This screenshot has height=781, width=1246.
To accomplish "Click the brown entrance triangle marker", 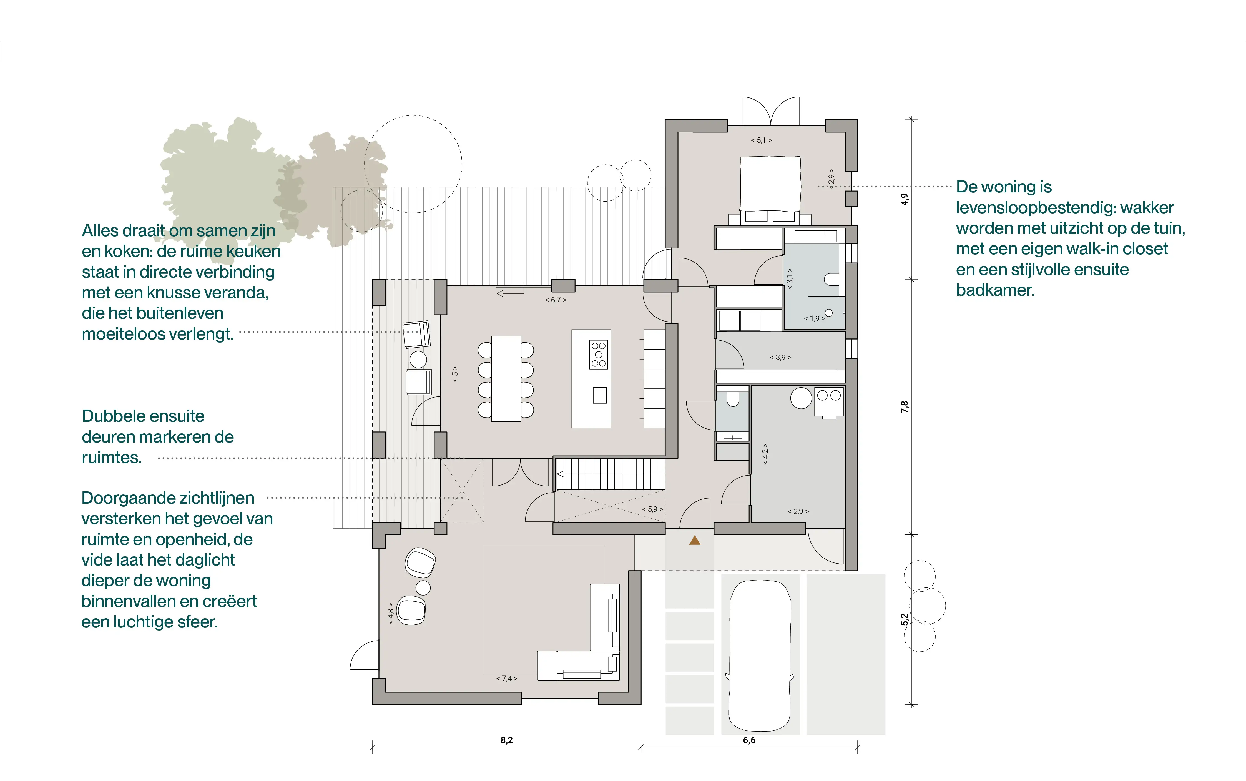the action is [x=695, y=540].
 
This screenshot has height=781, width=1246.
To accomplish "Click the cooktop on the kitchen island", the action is [x=599, y=354].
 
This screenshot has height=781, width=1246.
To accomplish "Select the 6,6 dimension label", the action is [x=749, y=740].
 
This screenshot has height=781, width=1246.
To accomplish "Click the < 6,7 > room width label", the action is [x=556, y=300].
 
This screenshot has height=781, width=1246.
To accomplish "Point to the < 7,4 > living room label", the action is [x=507, y=678].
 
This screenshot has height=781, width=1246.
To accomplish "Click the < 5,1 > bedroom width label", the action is [x=761, y=140].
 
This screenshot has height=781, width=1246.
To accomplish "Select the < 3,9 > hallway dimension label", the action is [x=780, y=357].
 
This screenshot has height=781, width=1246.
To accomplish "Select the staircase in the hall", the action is [x=610, y=474].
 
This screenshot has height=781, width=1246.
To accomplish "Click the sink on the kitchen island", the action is [x=599, y=395].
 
